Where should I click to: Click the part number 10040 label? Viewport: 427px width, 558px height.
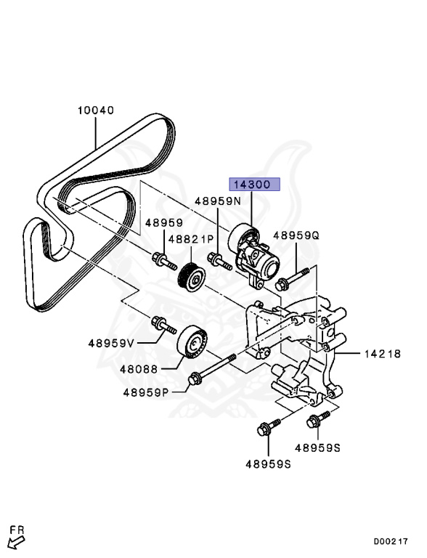[96, 110]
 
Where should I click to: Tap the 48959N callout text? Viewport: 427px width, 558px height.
[217, 201]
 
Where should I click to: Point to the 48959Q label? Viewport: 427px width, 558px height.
[296, 235]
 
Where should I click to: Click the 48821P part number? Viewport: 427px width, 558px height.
[192, 238]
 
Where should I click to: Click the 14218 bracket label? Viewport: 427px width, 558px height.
[381, 354]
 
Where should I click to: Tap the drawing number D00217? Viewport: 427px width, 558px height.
[391, 541]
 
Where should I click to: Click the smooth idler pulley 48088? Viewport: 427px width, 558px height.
[193, 340]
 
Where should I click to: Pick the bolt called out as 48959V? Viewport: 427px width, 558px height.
[163, 324]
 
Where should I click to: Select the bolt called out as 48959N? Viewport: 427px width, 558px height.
[217, 259]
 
